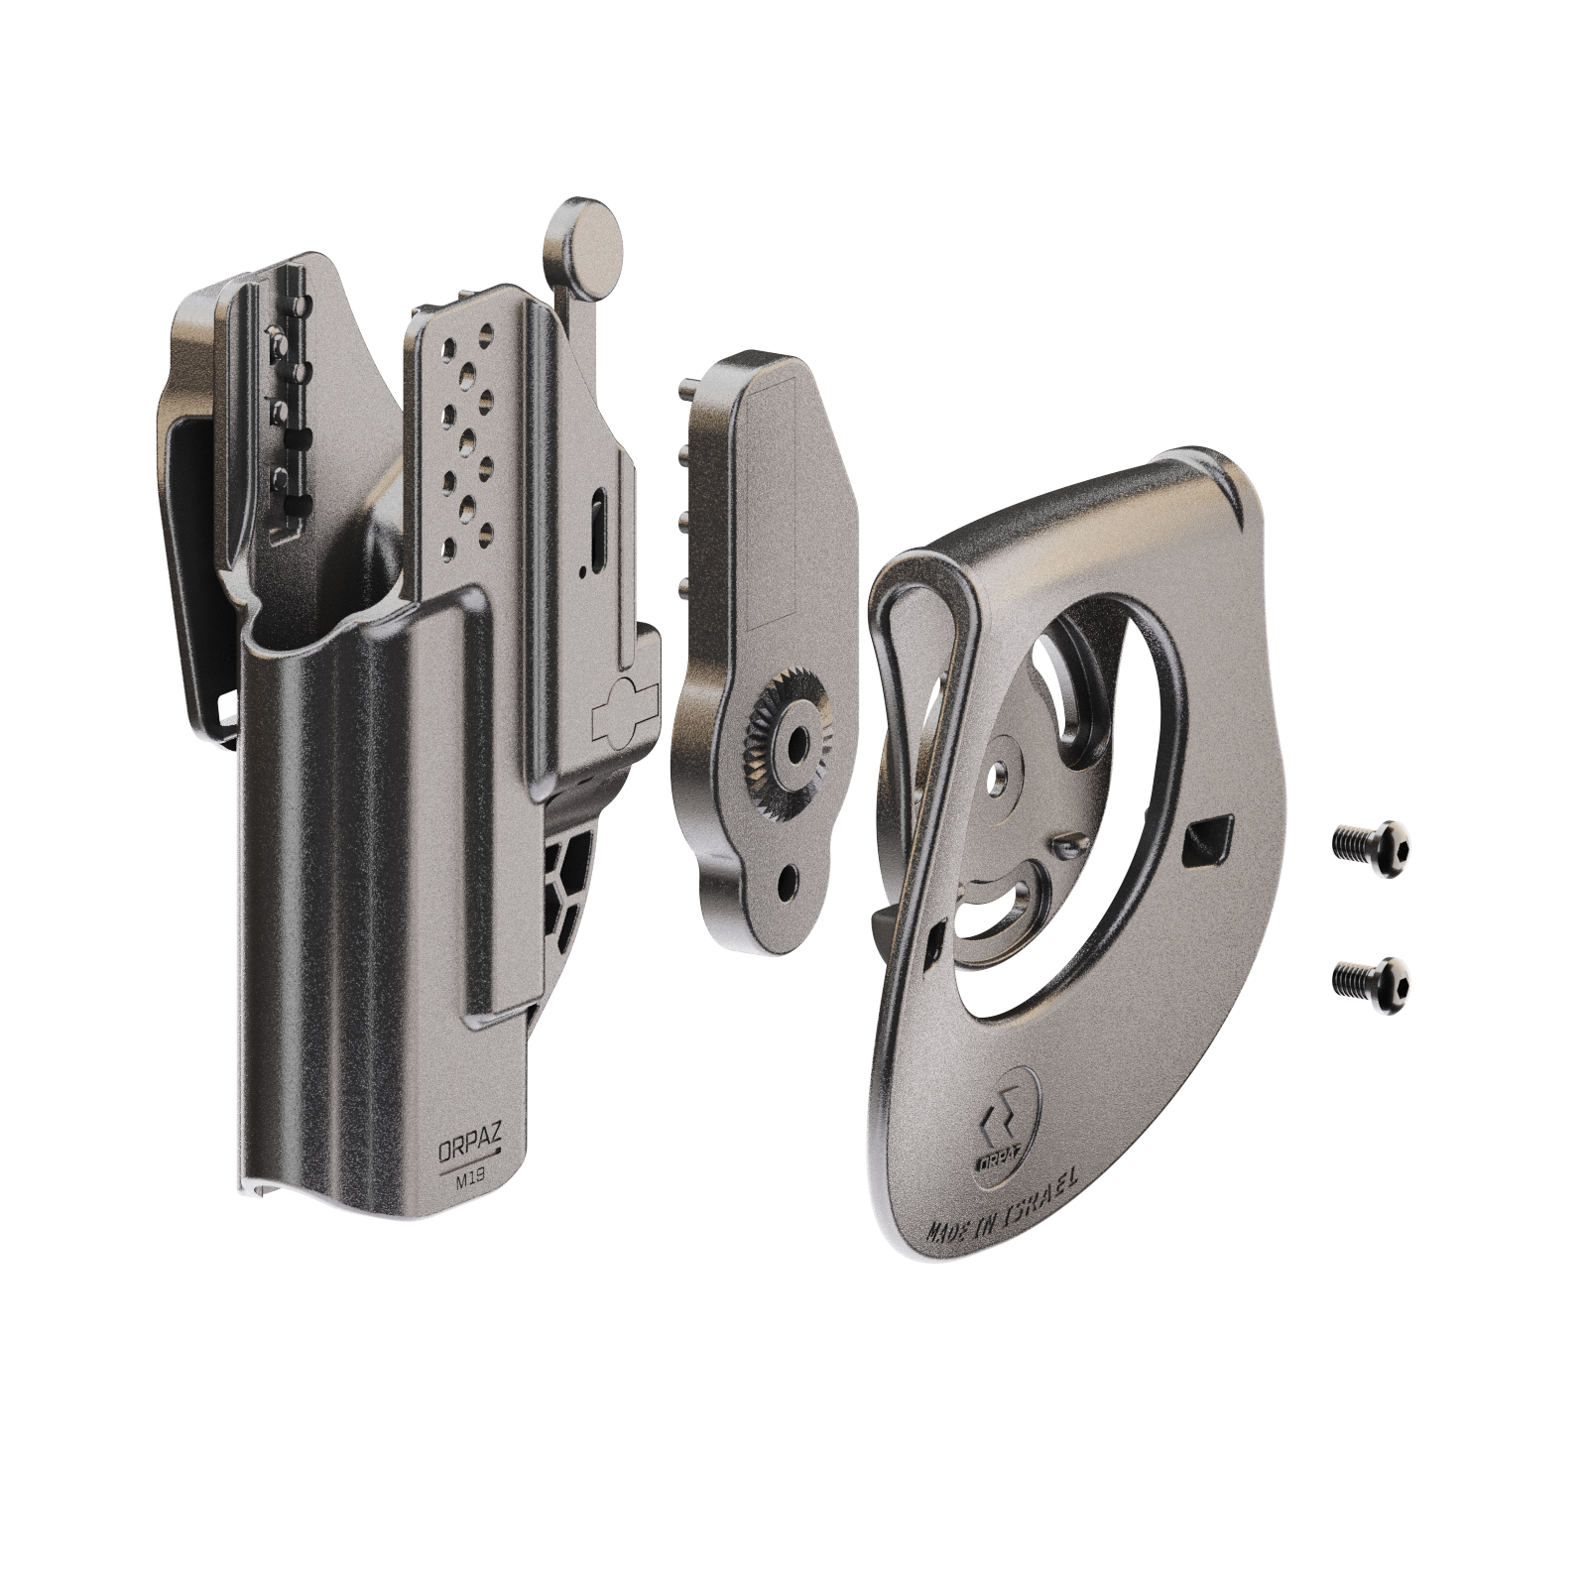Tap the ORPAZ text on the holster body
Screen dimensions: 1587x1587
(471, 1151)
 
